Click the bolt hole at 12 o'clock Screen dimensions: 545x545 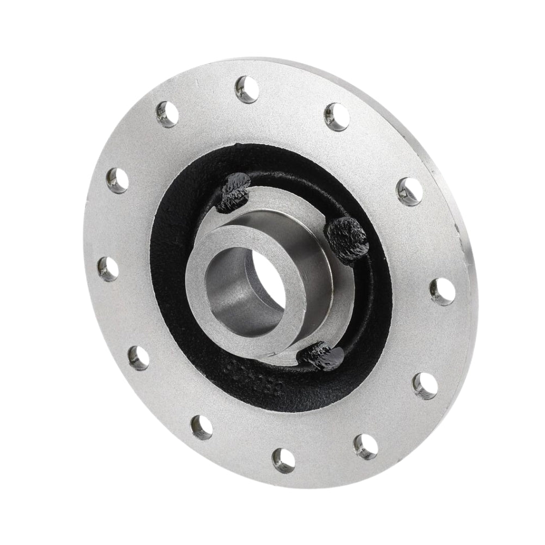pos(247,89)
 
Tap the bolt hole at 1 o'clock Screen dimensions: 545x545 pos(336,117)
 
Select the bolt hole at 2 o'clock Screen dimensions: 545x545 pos(410,191)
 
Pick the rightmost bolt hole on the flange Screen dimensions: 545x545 pos(442,290)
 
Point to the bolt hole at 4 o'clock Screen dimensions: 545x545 pos(425,385)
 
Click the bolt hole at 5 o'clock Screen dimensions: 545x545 pos(366,446)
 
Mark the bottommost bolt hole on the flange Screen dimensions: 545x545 pos(283,459)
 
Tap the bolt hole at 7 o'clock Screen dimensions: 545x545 pos(202,427)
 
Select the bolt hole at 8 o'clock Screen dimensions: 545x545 pos(139,358)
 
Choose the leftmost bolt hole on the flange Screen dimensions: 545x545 pos(108,269)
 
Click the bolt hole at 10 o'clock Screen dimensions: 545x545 pos(118,180)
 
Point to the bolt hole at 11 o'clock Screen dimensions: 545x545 pos(167,114)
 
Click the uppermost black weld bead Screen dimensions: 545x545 pos(233,191)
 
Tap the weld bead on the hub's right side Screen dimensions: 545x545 pos(347,238)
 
